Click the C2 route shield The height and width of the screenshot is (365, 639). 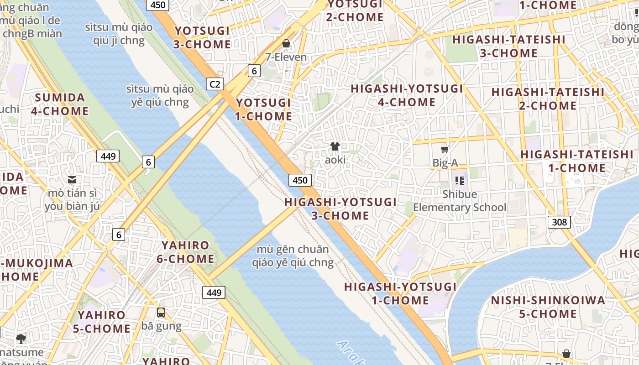click(x=215, y=84)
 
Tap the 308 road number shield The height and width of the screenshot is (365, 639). click(x=559, y=222)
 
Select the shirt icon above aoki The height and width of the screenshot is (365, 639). click(x=335, y=146)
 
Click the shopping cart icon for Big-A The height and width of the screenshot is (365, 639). click(x=445, y=149)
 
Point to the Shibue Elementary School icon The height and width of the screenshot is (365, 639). click(x=460, y=180)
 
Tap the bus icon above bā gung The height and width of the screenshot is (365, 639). click(x=161, y=313)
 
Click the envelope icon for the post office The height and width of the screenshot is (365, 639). click(x=72, y=179)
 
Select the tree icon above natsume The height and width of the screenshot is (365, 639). click(x=21, y=338)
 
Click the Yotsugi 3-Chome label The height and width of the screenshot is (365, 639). click(x=202, y=38)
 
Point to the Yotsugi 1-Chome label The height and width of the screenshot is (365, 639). click(x=263, y=109)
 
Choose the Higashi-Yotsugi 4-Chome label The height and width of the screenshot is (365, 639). click(x=407, y=95)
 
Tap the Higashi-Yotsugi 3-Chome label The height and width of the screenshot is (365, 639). click(x=340, y=209)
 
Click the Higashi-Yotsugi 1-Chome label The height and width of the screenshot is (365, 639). click(x=400, y=293)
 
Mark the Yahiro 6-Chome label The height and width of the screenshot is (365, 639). click(x=188, y=252)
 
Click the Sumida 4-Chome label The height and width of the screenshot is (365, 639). click(x=60, y=104)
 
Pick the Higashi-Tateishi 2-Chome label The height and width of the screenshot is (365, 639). click(x=548, y=99)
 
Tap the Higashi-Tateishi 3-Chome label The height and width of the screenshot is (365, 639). click(x=509, y=46)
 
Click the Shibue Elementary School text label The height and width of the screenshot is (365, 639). click(x=460, y=201)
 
